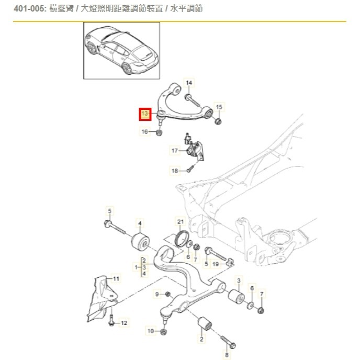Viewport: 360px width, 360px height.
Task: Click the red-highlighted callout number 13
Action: [145, 114]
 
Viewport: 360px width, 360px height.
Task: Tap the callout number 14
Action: [189, 83]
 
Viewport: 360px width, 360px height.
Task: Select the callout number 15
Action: [219, 107]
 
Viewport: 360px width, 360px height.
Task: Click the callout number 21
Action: [181, 221]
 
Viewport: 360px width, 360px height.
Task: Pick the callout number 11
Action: [116, 278]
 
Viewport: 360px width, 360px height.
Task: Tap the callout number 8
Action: [227, 355]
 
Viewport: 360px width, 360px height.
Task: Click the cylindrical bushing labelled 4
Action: [140, 243]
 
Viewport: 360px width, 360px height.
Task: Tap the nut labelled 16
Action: [160, 132]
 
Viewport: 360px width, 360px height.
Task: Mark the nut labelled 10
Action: [164, 331]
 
